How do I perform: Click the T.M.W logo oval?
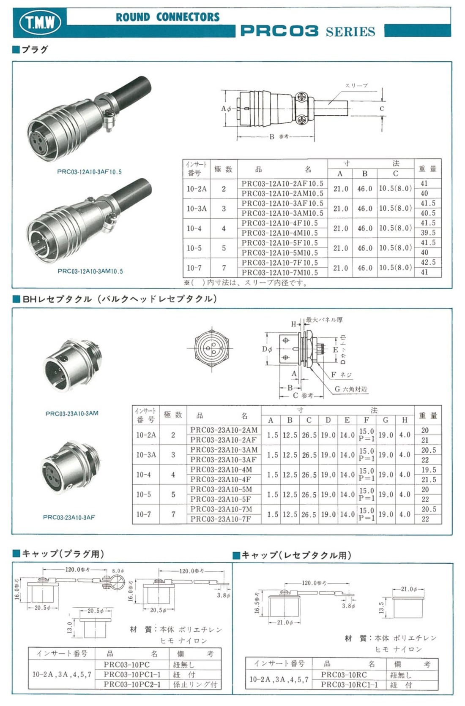point(40,22)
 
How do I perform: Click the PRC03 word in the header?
point(279,31)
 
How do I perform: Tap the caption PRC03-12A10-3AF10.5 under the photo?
point(89,172)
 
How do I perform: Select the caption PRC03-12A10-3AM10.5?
point(90,271)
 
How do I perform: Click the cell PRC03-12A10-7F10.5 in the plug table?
point(282,263)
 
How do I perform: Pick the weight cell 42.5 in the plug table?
point(428,263)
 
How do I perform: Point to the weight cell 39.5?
point(428,233)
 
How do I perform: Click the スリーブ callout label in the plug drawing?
point(356,86)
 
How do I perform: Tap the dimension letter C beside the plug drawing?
point(382,109)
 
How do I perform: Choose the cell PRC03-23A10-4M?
point(221,470)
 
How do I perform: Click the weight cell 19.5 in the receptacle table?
point(428,470)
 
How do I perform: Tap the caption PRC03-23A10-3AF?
point(69,517)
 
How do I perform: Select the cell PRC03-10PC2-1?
point(132,684)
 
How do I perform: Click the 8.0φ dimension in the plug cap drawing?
point(118,571)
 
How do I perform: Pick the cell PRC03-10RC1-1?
point(349,684)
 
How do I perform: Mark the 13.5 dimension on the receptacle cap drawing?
point(382,607)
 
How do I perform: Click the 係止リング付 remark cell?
point(195,684)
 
